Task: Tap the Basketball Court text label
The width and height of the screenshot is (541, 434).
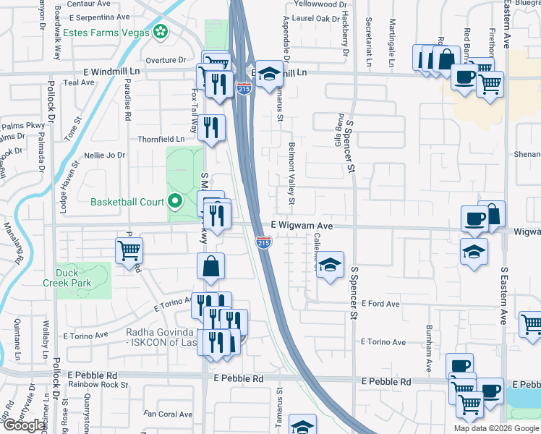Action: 127,202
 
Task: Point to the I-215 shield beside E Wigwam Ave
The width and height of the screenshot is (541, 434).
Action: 263,242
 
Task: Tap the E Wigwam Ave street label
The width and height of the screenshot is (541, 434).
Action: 302,226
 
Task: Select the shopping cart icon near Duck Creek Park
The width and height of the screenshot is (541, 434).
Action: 129,252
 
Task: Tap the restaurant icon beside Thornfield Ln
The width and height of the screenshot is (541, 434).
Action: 210,128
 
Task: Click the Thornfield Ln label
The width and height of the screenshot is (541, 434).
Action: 161,139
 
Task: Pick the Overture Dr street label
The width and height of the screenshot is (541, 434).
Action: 166,60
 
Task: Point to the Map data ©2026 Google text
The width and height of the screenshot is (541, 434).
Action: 495,428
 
